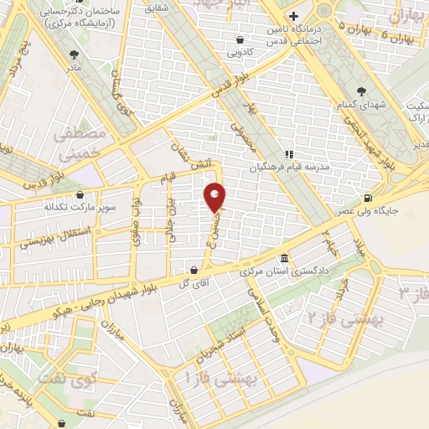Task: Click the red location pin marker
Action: pos(215,196)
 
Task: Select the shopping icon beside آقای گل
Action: pos(195,270)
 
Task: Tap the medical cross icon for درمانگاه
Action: pos(292,16)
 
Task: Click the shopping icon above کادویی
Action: pos(240,39)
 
